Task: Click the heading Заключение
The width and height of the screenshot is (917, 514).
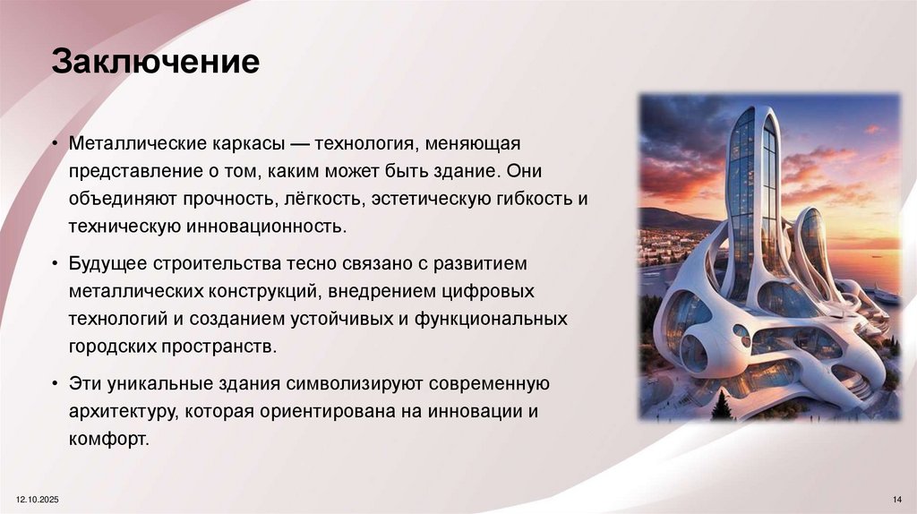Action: click(x=155, y=64)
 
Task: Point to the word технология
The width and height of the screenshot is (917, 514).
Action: click(x=363, y=144)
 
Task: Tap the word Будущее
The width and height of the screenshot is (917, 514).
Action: click(x=105, y=266)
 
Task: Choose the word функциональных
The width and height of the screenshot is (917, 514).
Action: click(x=490, y=320)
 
